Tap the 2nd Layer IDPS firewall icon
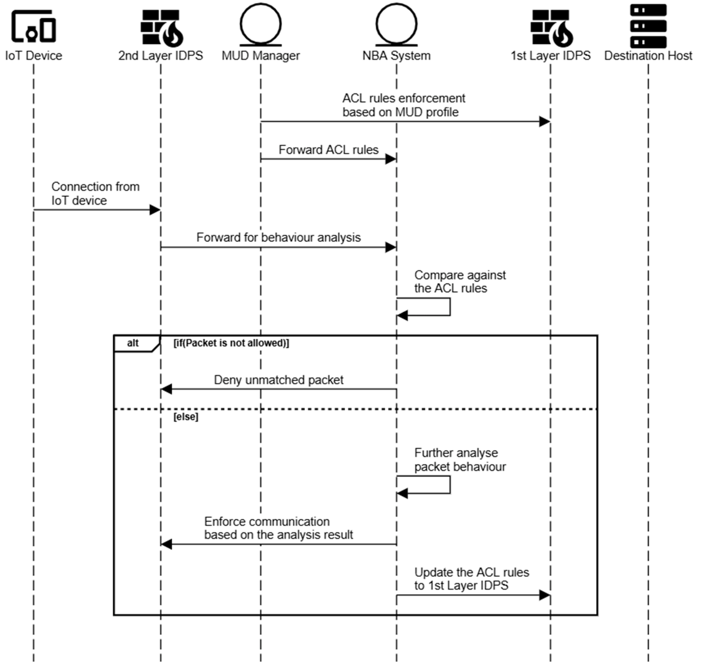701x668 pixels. pyautogui.click(x=161, y=28)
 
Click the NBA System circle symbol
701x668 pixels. pyautogui.click(x=396, y=24)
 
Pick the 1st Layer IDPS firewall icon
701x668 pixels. pyautogui.click(x=551, y=28)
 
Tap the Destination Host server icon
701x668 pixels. pyautogui.click(x=648, y=26)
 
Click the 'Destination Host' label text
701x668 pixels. pyautogui.click(x=648, y=56)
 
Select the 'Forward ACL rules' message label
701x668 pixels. pyautogui.click(x=328, y=150)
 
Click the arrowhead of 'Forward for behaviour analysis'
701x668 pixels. pyautogui.click(x=391, y=247)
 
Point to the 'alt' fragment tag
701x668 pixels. pyautogui.click(x=133, y=343)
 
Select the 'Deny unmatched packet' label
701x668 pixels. pyautogui.click(x=278, y=380)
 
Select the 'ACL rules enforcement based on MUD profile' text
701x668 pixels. pyautogui.click(x=404, y=105)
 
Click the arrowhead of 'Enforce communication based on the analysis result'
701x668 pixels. pyautogui.click(x=167, y=544)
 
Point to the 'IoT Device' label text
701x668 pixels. pyautogui.click(x=33, y=56)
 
